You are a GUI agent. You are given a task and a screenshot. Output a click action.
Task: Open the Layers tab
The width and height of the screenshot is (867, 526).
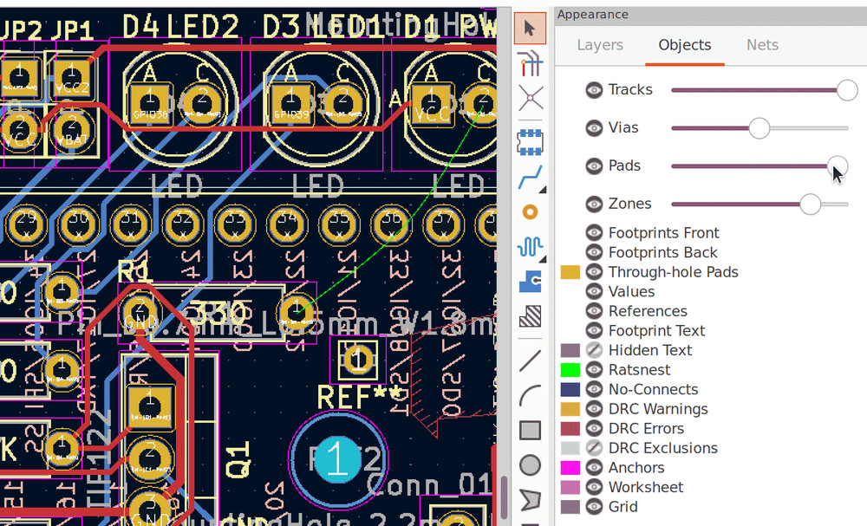[600, 45]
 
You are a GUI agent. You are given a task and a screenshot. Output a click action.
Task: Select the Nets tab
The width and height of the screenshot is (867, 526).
[762, 45]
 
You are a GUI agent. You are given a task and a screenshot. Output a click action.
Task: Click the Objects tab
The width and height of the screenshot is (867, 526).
[684, 45]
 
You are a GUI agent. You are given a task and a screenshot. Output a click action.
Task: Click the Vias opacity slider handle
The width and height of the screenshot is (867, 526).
[759, 128]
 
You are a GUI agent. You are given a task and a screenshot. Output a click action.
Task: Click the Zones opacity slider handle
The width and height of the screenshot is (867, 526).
[810, 204]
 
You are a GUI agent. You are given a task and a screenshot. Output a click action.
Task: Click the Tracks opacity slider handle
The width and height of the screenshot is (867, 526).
[847, 90]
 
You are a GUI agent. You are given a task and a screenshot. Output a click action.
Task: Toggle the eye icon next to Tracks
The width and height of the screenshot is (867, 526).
[594, 90]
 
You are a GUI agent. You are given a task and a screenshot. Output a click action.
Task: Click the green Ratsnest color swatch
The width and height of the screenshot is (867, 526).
[570, 370]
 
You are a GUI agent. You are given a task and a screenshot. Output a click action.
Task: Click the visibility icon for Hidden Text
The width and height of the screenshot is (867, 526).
[594, 350]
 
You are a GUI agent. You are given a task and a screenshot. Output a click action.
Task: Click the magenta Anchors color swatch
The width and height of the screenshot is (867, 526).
[570, 468]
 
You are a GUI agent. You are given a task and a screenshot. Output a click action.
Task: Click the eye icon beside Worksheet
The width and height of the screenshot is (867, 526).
[594, 487]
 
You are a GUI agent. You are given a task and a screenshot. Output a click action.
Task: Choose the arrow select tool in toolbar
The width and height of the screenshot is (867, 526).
[530, 29]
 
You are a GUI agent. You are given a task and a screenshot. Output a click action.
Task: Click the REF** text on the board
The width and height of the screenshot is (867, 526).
[360, 397]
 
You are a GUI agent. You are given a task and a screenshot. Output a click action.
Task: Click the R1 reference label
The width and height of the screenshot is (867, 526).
[135, 272]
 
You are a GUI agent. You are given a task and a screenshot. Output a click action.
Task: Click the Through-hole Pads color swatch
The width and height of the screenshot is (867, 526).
[570, 272]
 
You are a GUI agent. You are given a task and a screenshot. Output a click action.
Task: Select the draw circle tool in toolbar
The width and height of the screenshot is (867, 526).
[530, 465]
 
